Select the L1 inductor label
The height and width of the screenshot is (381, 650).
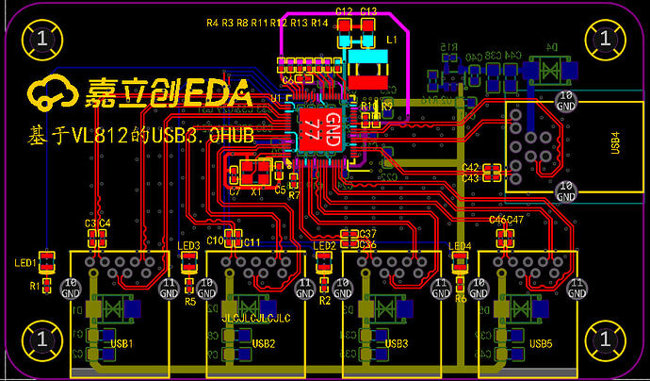[x=391, y=42]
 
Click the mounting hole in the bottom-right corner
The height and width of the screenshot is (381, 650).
[x=605, y=338]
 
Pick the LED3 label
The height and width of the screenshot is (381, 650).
[x=188, y=246]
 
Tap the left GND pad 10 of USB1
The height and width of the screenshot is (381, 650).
[x=71, y=288]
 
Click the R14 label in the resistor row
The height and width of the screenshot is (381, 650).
[x=319, y=22]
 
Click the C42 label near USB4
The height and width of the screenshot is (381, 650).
[x=471, y=167]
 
